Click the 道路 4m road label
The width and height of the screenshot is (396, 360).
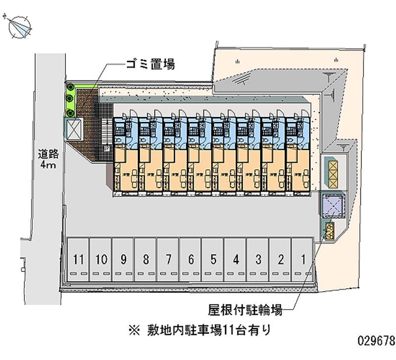48,159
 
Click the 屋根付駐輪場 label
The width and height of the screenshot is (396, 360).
245,311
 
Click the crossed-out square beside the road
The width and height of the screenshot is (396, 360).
74,130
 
